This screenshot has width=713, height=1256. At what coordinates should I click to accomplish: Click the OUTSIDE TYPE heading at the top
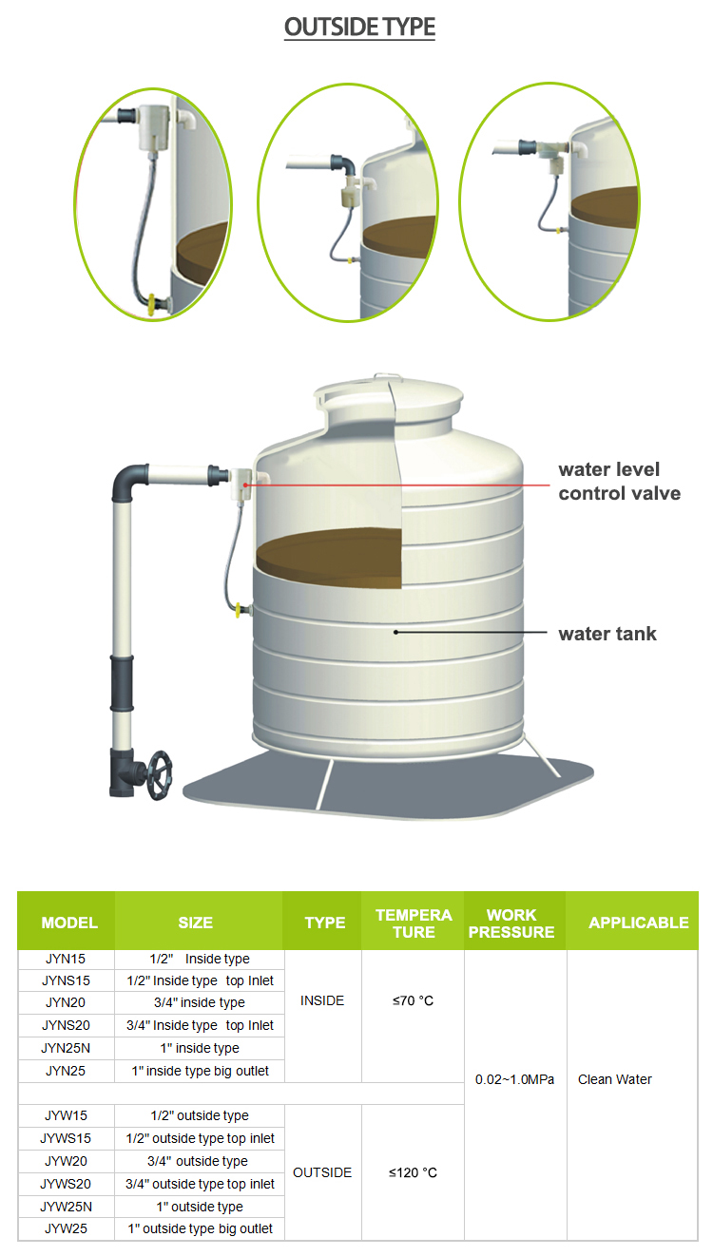coord(359,27)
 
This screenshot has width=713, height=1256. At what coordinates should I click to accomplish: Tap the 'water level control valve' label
coord(619,481)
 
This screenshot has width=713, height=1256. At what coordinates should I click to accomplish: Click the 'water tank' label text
coord(607,634)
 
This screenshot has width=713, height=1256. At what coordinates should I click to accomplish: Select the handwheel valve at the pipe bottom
coord(159,775)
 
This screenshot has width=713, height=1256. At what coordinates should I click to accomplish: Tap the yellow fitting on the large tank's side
coord(241,610)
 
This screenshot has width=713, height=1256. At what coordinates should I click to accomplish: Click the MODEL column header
coord(69,923)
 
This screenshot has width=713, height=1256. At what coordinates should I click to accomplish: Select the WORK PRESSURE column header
coord(511,923)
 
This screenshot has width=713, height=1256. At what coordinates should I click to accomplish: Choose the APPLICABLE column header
coord(639,923)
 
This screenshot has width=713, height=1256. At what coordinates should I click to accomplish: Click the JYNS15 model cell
coord(66,980)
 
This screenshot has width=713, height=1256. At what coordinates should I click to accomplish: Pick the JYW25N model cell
coord(66,1206)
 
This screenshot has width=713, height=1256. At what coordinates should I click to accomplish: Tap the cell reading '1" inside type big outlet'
coord(201,1071)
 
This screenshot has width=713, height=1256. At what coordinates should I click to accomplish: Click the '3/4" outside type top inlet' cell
coord(201,1184)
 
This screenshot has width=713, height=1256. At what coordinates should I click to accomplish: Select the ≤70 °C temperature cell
coord(413,1000)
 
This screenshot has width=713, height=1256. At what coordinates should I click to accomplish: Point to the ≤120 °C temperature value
coord(413,1172)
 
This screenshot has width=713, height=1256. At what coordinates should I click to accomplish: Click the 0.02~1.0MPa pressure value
coord(514,1079)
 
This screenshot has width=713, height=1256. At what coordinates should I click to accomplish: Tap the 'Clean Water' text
coord(615,1079)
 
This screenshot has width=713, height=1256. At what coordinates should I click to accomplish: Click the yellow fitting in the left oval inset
coord(153,303)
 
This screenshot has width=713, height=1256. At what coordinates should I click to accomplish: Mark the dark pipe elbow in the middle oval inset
coord(343,165)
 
